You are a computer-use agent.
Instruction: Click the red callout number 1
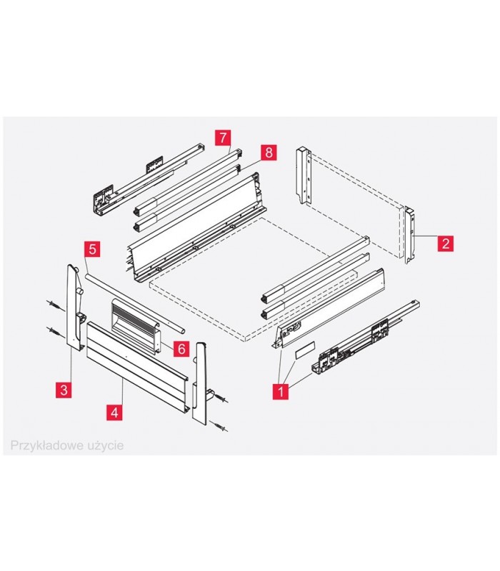(x=279, y=391)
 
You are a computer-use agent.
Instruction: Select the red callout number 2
(x=444, y=243)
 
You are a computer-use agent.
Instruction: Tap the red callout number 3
(x=64, y=389)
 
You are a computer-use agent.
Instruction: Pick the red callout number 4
(x=113, y=412)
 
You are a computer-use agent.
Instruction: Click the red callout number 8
(x=268, y=152)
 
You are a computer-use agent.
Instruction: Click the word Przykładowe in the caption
(x=42, y=445)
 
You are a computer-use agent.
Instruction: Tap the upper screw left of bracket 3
(x=55, y=303)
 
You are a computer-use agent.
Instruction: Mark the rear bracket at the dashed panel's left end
(x=304, y=175)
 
